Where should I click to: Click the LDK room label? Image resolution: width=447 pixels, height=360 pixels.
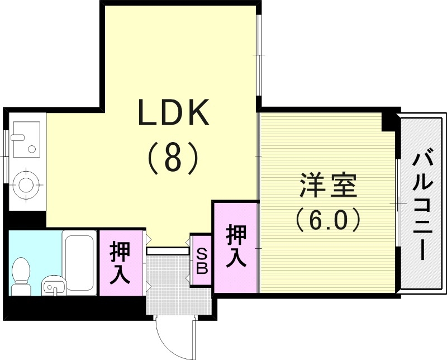[173, 113]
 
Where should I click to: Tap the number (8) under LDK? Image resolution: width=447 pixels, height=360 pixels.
[173, 158]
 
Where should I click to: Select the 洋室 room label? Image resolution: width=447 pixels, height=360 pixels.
[328, 186]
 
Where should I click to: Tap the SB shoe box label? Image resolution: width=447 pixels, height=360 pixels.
[201, 261]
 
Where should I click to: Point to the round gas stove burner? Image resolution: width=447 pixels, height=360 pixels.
[26, 184]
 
